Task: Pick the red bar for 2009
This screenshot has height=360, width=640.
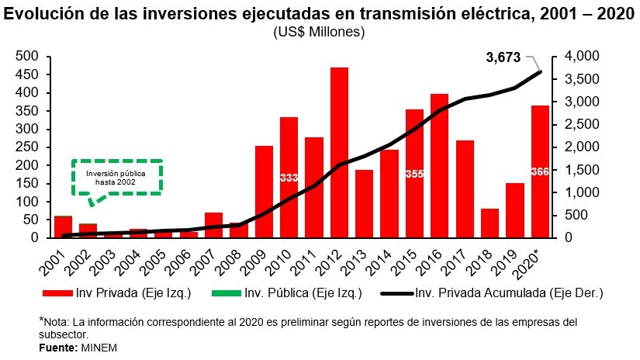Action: [x=264, y=191]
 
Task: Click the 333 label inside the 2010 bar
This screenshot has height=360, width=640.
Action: [x=289, y=178]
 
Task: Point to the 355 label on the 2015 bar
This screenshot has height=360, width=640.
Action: [x=414, y=174]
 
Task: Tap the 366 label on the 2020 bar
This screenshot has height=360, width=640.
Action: [x=540, y=171]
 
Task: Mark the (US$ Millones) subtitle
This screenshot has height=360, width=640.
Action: [x=318, y=32]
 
